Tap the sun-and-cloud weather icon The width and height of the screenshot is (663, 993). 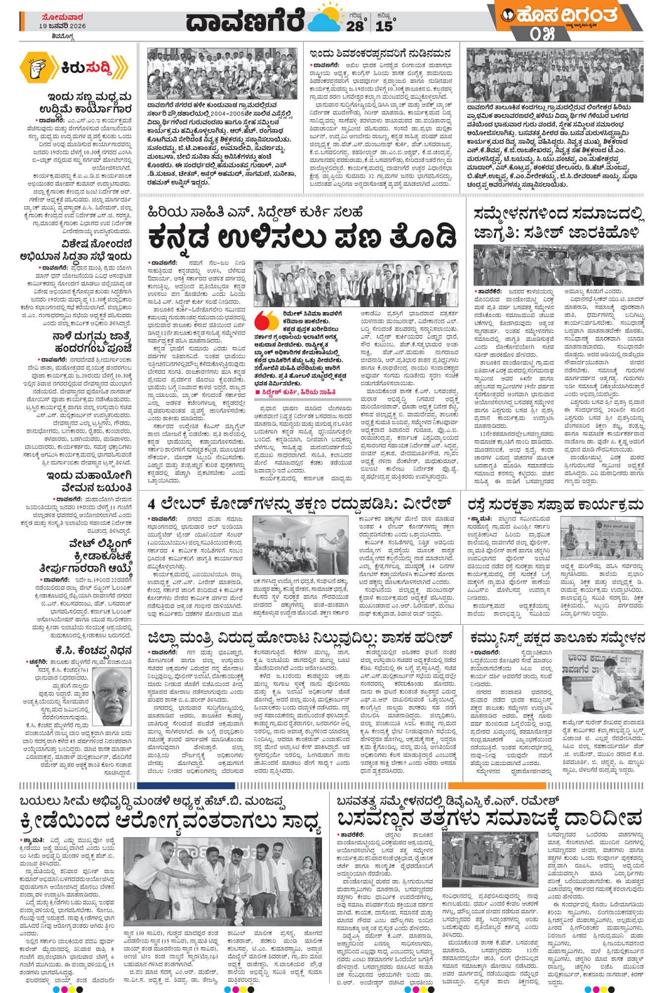[323, 20]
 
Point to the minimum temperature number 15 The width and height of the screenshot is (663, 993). [384, 25]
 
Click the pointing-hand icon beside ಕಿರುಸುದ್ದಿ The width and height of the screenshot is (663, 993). [39, 68]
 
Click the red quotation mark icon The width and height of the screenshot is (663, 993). [264, 320]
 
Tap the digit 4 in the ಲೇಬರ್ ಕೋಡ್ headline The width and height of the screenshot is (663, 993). [152, 504]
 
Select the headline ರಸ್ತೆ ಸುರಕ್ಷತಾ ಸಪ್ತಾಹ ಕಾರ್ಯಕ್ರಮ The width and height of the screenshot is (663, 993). [555, 505]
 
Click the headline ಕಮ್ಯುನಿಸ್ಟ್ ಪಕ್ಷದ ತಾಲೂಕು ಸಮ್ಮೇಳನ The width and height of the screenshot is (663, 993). [557, 637]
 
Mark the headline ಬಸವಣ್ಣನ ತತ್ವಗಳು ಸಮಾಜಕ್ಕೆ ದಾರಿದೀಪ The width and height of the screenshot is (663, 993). [489, 818]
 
